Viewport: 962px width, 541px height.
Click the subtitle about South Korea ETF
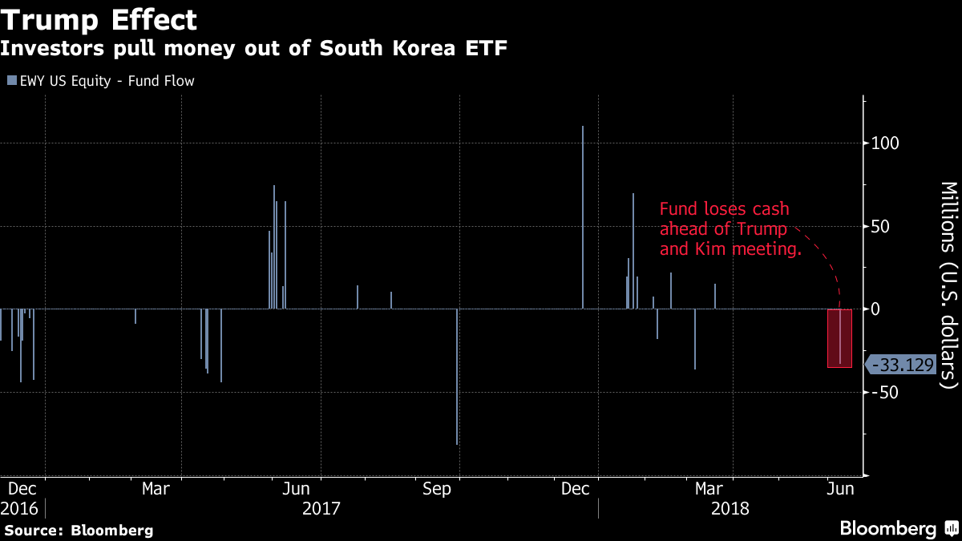pyautogui.click(x=253, y=48)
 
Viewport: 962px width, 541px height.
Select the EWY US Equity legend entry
pyautogui.click(x=101, y=81)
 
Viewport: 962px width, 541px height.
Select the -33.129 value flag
pyautogui.click(x=901, y=365)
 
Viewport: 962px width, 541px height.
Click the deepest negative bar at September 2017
pyautogui.click(x=457, y=377)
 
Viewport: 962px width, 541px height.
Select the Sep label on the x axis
pyautogui.click(x=438, y=488)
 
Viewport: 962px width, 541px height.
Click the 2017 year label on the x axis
pyautogui.click(x=321, y=508)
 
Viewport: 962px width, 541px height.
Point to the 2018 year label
pyautogui.click(x=730, y=508)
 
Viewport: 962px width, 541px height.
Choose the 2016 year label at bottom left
pyautogui.click(x=19, y=508)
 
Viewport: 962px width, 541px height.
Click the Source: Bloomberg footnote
pyautogui.click(x=79, y=531)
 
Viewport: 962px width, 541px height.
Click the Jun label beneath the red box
pyautogui.click(x=839, y=488)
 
